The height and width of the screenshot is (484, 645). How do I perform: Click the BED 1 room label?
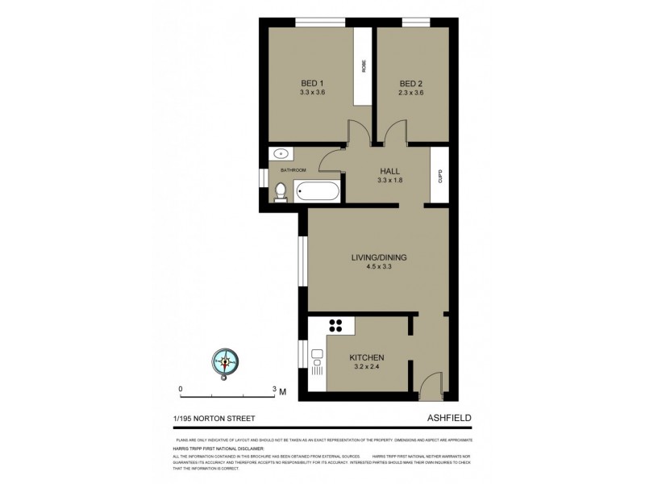311,83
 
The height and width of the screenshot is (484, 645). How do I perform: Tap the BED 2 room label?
411,83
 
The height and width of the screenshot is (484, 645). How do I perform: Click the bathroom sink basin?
281,154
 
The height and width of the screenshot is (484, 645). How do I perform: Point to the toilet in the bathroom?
280,191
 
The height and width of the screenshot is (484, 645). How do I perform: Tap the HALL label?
389,170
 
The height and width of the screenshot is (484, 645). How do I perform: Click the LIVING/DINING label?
378,258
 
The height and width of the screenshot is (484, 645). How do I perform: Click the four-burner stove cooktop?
336,326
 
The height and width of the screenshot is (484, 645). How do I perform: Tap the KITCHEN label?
365,357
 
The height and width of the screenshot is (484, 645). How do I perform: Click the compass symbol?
225,362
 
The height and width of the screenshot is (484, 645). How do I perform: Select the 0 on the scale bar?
181,389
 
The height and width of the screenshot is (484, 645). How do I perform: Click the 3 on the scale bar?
275,389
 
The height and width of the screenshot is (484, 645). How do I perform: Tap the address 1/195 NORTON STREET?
214,418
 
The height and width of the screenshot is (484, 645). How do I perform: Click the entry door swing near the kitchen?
431,382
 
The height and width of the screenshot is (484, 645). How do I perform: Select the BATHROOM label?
293,170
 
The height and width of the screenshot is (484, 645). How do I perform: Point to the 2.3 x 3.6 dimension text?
411,92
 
